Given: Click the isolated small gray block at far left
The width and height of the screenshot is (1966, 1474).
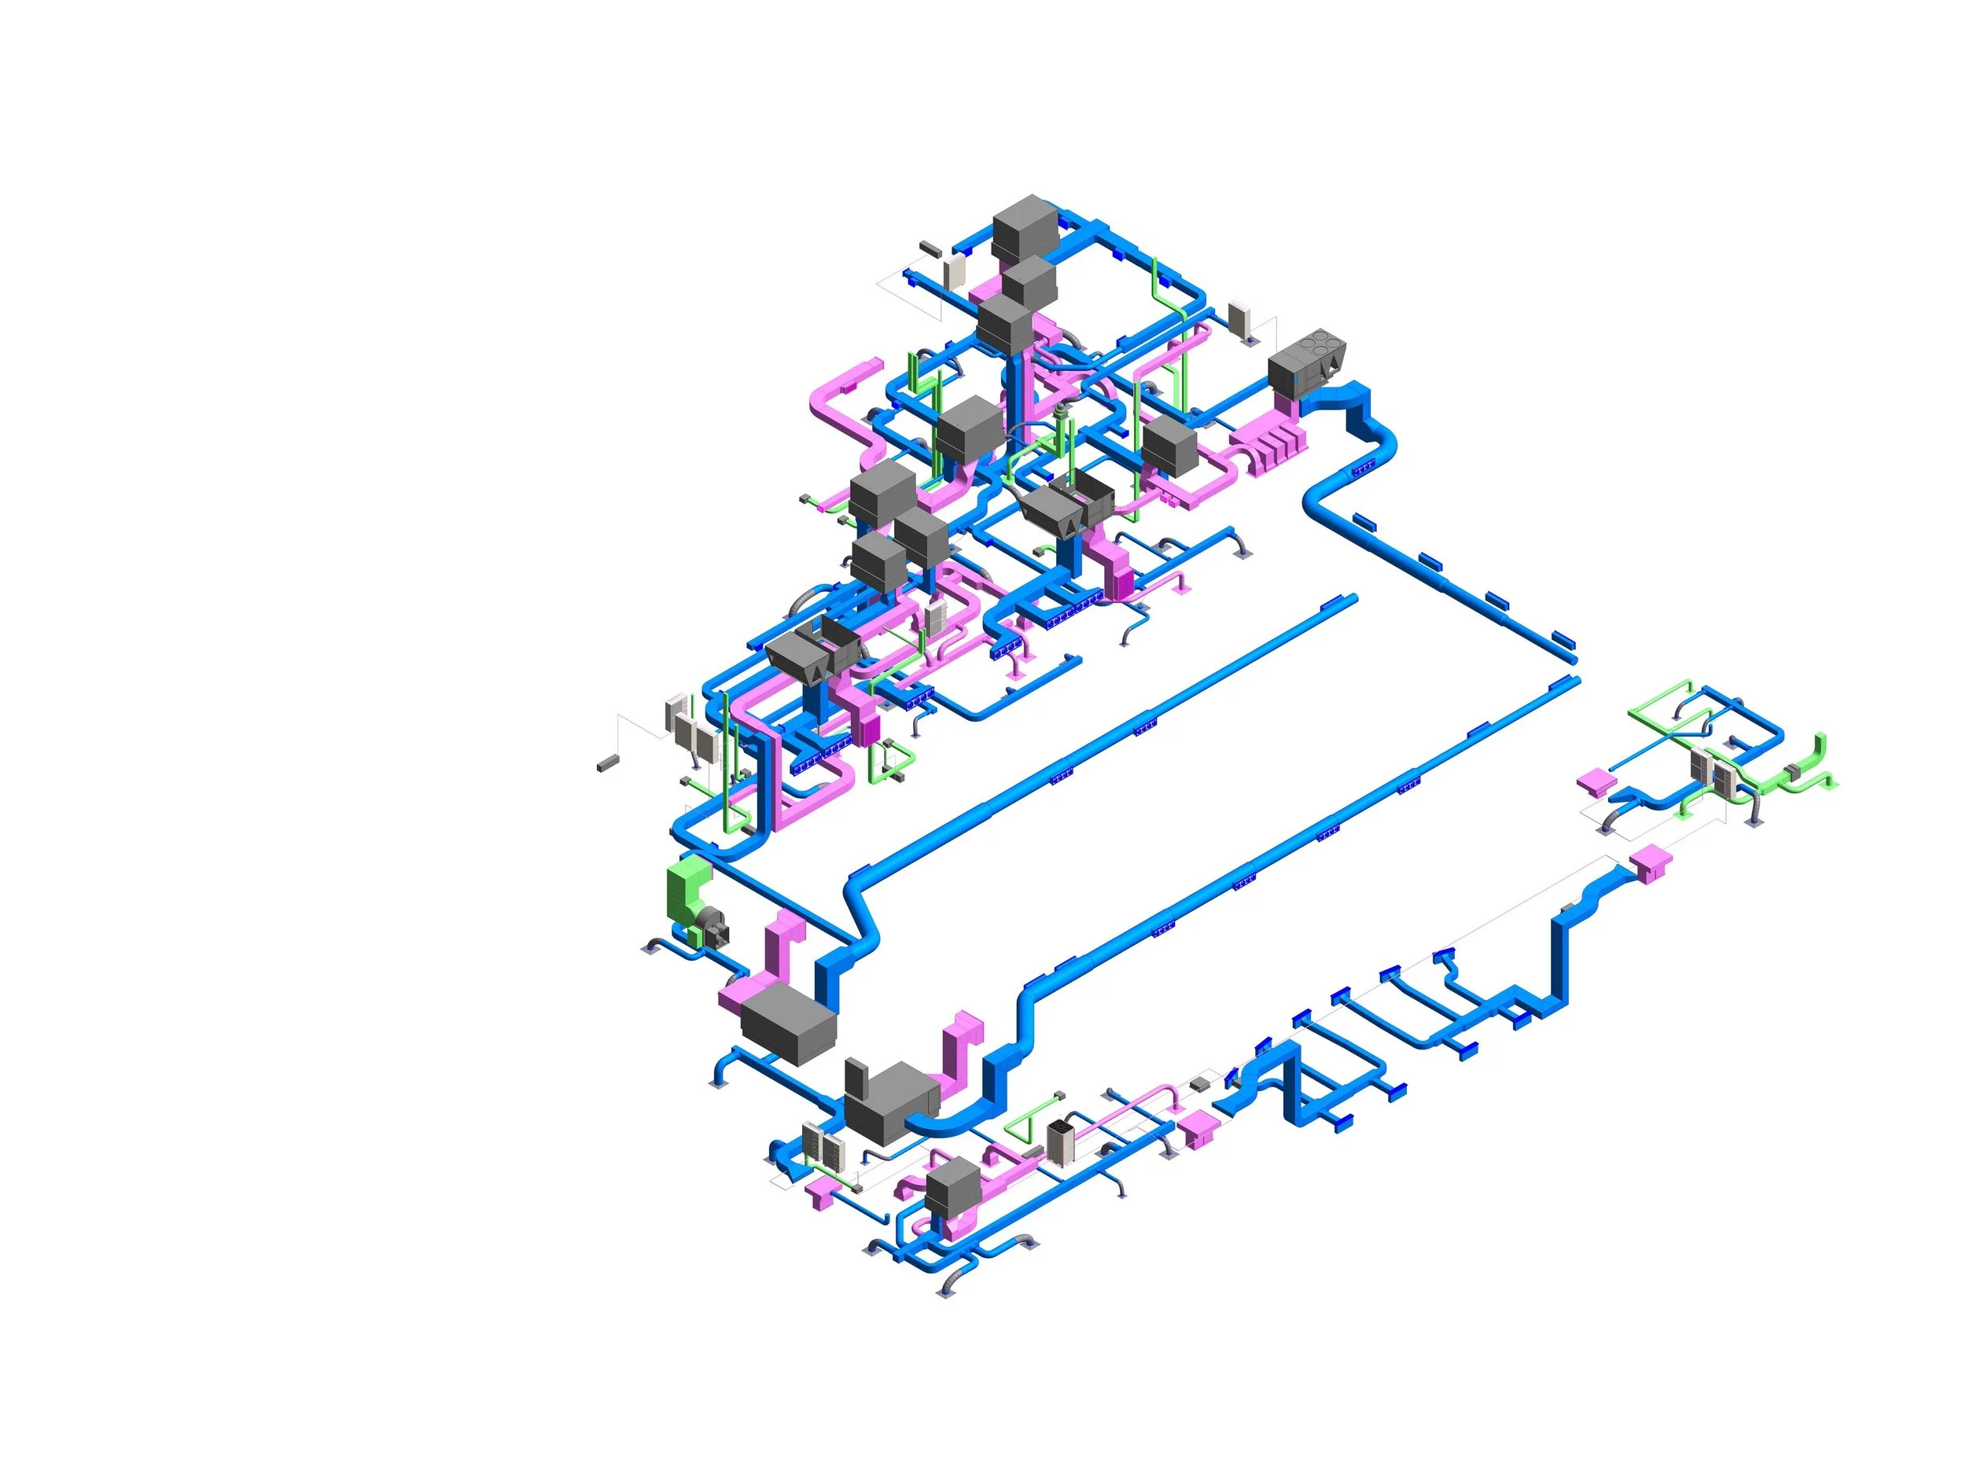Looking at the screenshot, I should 607,763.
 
